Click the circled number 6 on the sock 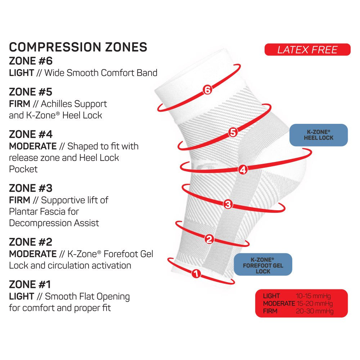(207, 90)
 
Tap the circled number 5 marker (233, 133)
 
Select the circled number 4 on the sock (243, 170)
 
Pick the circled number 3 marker (228, 204)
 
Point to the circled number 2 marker (210, 239)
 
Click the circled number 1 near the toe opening (196, 274)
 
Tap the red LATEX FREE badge (307, 50)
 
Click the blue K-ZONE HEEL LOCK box (319, 135)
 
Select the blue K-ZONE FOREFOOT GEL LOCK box (263, 265)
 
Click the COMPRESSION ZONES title (78, 47)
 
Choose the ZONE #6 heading (31, 61)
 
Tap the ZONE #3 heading (31, 188)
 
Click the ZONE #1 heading (30, 285)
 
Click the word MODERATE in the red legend (279, 303)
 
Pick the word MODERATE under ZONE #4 (33, 146)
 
